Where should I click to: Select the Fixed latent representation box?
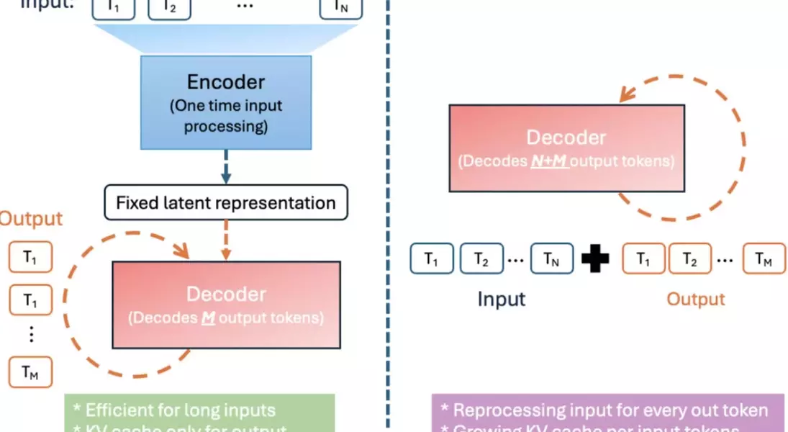(x=226, y=202)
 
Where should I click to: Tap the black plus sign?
(x=594, y=259)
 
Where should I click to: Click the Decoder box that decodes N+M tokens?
(x=566, y=148)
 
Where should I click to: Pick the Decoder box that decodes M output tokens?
(x=226, y=305)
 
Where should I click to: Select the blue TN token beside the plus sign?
(x=552, y=259)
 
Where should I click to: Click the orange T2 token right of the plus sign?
(x=689, y=259)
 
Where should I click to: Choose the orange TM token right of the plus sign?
(x=764, y=259)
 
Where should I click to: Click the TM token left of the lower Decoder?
(x=30, y=372)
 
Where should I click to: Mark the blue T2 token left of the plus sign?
(x=481, y=259)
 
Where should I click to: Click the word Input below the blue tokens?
(x=502, y=299)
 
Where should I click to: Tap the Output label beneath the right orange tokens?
(x=695, y=299)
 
